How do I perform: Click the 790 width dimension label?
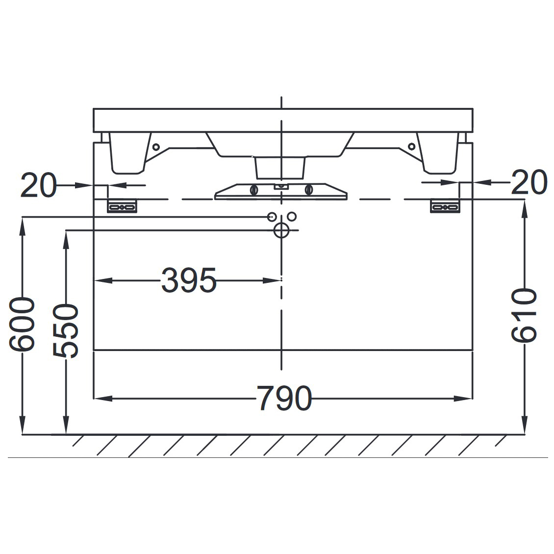284,398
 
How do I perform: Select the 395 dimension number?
188,280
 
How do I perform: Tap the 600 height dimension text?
22,325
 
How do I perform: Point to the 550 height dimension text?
66,331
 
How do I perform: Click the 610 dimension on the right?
524,315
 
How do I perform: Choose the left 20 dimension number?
38,185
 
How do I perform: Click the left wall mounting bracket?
122,206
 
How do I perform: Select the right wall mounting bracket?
445,206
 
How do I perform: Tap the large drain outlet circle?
281,230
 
